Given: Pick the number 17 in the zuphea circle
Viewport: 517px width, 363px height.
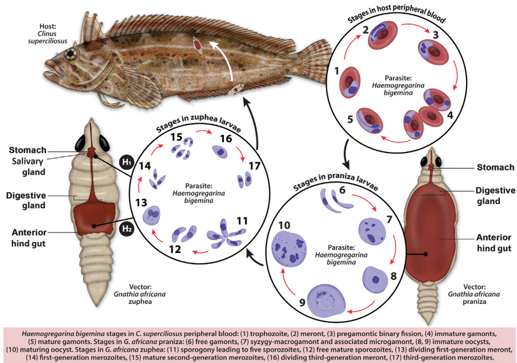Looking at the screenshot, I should (x=254, y=166).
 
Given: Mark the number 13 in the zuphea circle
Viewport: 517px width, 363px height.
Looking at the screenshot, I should (x=140, y=202).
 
